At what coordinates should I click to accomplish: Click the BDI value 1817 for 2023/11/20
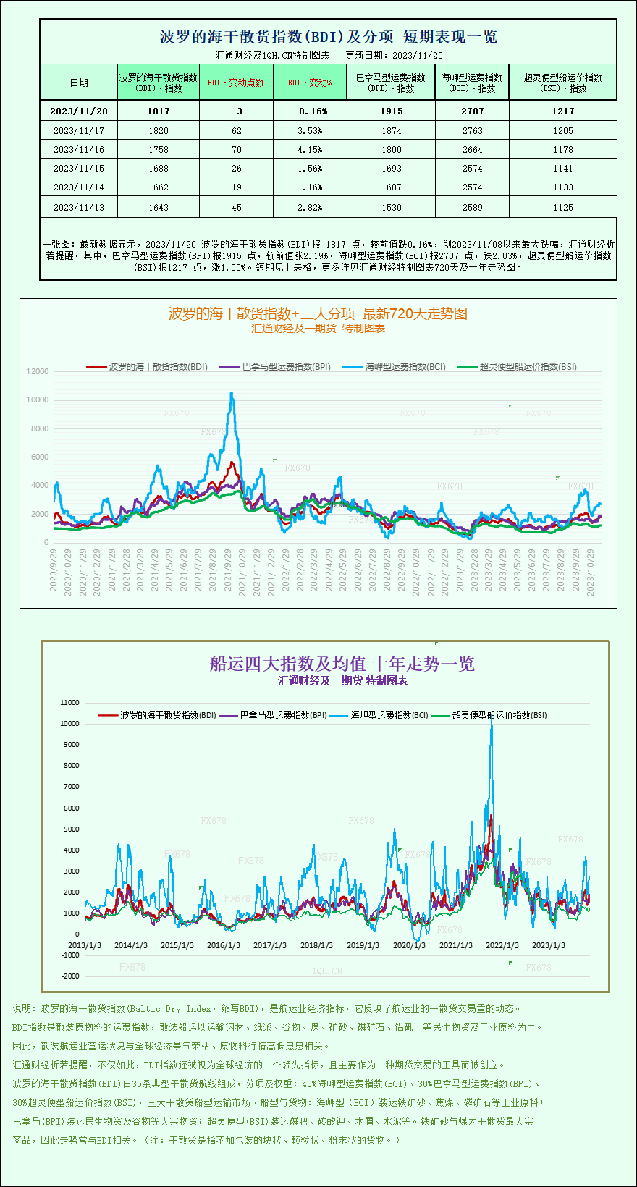[158, 111]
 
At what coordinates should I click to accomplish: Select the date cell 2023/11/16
[78, 149]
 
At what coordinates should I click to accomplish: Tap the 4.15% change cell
[310, 149]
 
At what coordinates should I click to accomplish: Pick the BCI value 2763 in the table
[472, 130]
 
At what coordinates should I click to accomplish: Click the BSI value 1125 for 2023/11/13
[562, 207]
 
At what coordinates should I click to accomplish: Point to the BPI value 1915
[391, 111]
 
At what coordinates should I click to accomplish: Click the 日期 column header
[78, 83]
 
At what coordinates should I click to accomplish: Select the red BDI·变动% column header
[310, 83]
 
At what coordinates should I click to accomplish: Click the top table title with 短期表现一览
[328, 36]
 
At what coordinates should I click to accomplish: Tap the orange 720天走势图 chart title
[318, 313]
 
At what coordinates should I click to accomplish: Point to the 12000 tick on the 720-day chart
[38, 371]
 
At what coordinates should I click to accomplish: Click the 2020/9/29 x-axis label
[54, 570]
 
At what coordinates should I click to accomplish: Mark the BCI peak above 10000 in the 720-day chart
[232, 394]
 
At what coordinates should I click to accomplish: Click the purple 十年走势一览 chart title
[342, 664]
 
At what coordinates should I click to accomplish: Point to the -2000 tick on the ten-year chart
[70, 976]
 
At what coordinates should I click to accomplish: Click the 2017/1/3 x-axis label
[270, 945]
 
